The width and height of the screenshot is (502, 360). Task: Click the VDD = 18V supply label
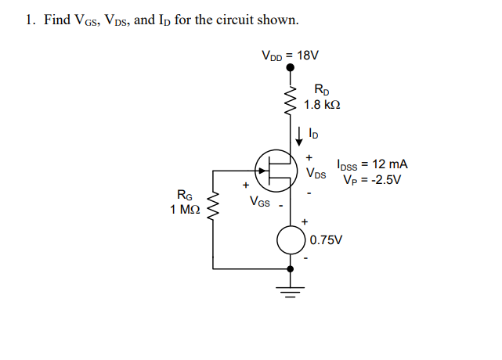[290, 56]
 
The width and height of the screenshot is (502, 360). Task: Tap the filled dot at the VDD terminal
[290, 69]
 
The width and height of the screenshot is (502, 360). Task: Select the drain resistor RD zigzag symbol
[290, 99]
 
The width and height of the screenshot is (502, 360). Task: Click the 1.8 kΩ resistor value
[322, 104]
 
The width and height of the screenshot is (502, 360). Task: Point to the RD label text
[321, 89]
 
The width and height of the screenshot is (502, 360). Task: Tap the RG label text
[187, 196]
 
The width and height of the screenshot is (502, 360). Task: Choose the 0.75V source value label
[327, 239]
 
